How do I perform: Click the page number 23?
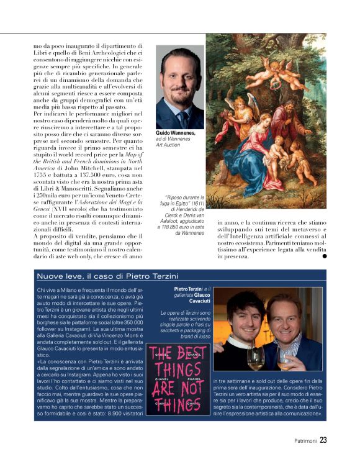[323, 442]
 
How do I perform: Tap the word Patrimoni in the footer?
[305, 442]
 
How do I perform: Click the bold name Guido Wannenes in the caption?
[176, 133]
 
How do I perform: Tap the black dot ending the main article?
[324, 256]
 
